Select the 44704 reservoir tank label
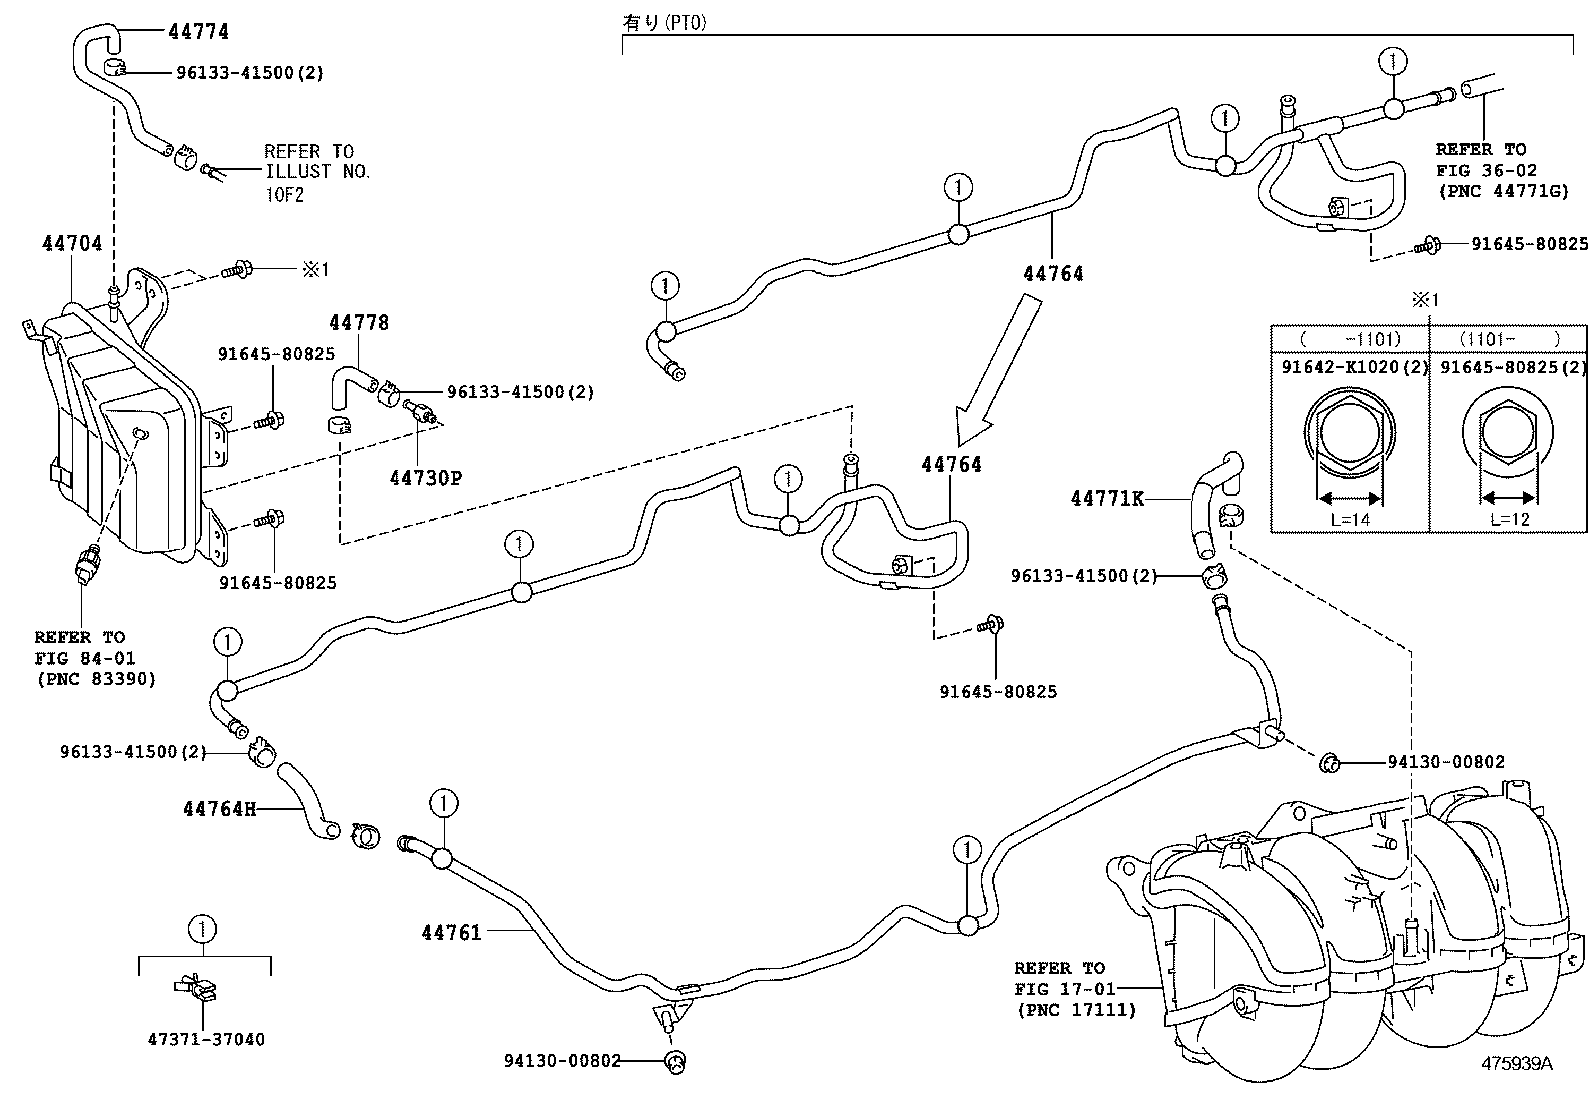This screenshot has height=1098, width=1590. (x=72, y=243)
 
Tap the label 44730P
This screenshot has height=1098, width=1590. (x=425, y=478)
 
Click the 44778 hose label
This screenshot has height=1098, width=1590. (x=359, y=322)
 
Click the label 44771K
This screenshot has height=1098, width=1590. (x=1107, y=498)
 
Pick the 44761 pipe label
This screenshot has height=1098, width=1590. (x=451, y=932)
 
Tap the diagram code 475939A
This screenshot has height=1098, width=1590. (x=1517, y=1063)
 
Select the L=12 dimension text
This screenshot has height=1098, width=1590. (x=1509, y=519)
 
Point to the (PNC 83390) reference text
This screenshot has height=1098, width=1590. (x=95, y=680)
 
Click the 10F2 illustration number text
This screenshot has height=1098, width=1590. (x=284, y=194)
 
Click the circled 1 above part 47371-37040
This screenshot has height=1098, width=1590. (x=203, y=930)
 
